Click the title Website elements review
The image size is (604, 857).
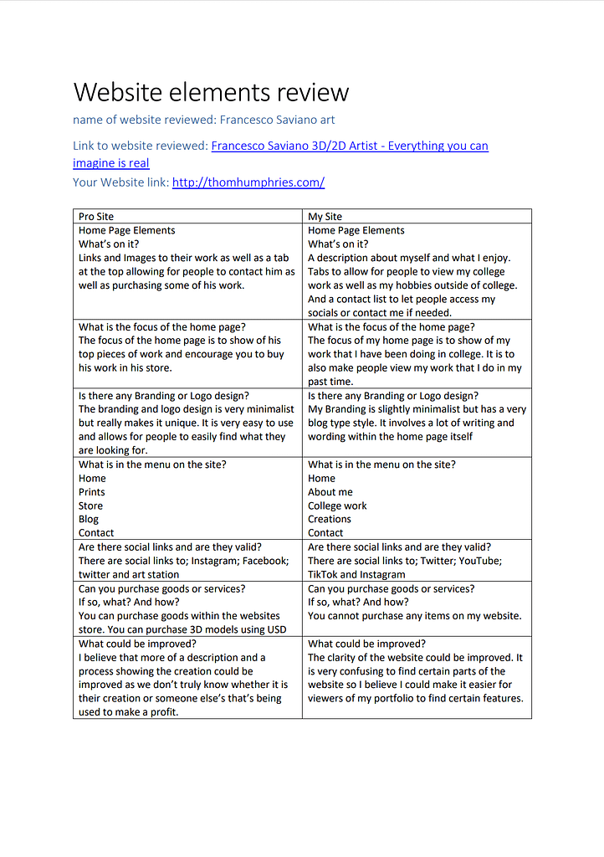[x=211, y=92]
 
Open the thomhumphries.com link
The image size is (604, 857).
[x=248, y=182]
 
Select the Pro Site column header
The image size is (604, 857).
[x=96, y=216]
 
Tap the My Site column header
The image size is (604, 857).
[x=325, y=216]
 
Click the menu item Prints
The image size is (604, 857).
[x=92, y=492]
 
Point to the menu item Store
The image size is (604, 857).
[x=91, y=505]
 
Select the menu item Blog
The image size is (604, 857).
[x=89, y=519]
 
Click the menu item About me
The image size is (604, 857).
[x=330, y=492]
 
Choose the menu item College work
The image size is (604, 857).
[x=337, y=505]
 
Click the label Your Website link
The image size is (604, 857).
[x=120, y=182]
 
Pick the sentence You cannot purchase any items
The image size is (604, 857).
[x=414, y=616]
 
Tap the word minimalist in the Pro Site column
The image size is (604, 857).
[x=265, y=409]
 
